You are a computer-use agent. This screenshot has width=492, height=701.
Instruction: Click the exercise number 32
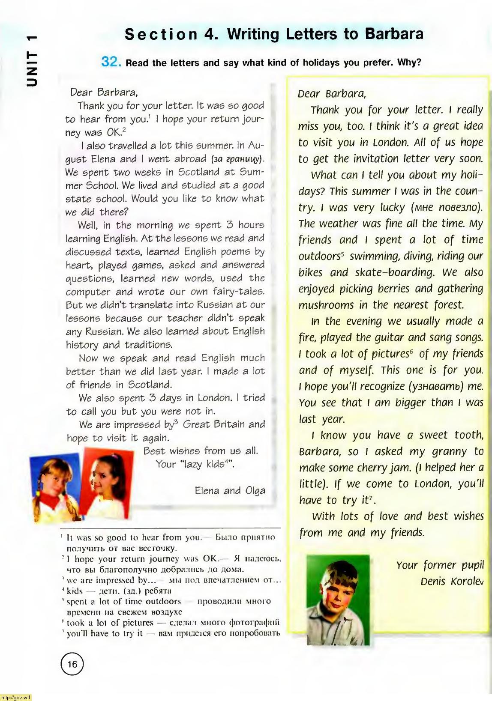(111, 62)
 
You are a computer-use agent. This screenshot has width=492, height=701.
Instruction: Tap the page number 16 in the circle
(72, 664)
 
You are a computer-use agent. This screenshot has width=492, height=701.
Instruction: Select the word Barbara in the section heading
(394, 34)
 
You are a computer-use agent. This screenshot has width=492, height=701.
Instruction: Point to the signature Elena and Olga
(230, 490)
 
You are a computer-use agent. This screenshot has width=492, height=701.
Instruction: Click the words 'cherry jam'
(386, 468)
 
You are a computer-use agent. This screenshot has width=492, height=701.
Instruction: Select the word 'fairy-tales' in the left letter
(239, 292)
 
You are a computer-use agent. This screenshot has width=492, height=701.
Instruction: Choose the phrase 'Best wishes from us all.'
(201, 451)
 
